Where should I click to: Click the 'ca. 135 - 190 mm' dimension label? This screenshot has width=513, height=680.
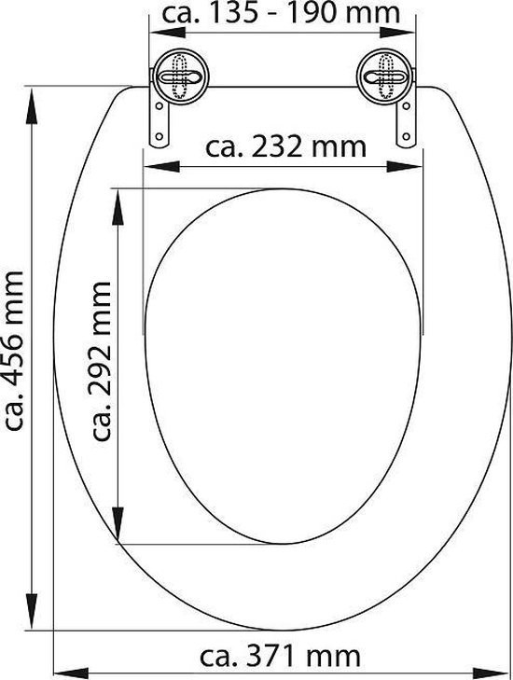(x=281, y=13)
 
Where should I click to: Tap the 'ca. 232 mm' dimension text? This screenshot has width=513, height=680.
(x=285, y=147)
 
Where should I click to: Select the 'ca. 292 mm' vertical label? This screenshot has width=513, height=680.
(x=102, y=361)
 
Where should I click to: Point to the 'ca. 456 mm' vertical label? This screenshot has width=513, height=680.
(x=13, y=351)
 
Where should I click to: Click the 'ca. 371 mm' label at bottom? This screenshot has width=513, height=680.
(x=280, y=656)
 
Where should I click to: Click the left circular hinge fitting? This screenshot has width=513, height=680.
(x=179, y=76)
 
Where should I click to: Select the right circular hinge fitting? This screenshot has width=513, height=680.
(x=384, y=76)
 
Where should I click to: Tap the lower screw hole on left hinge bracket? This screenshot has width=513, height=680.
(x=159, y=136)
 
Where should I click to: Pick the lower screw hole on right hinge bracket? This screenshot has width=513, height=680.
(x=406, y=136)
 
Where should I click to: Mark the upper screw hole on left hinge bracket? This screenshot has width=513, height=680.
(x=159, y=105)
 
